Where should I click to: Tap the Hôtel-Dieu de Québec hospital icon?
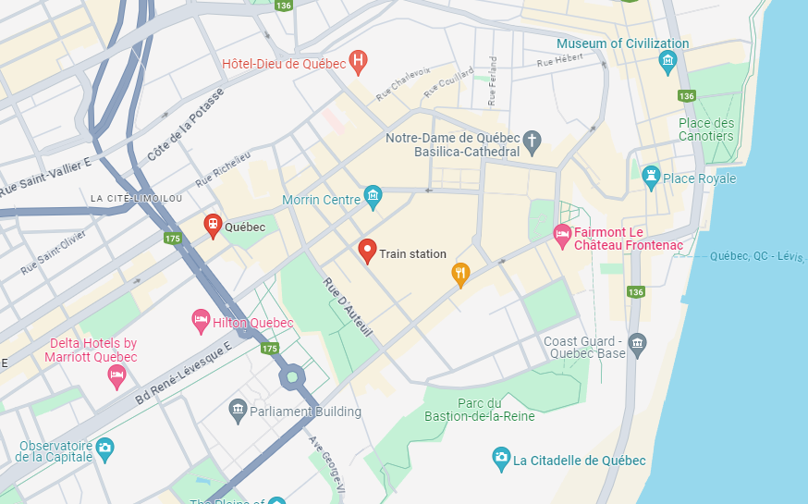pos(359,63)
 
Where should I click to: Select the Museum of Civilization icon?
pos(667,63)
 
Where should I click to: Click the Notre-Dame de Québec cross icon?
pos(532,141)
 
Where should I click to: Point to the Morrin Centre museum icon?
pos(373,195)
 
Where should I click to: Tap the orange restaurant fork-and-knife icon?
pos(460,272)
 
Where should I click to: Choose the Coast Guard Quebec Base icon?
pos(637,345)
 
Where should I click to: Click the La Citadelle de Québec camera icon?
pos(500,458)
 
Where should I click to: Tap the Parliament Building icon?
pos(239,410)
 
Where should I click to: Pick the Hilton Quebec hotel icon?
pos(201,321)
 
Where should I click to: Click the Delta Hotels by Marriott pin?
pos(116,375)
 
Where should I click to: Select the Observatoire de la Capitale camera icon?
pos(104,449)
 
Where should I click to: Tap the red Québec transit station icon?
pos(213,225)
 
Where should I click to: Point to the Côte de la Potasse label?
pos(186,126)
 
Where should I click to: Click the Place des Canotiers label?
pos(705,129)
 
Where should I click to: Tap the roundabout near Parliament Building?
pos(293,375)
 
